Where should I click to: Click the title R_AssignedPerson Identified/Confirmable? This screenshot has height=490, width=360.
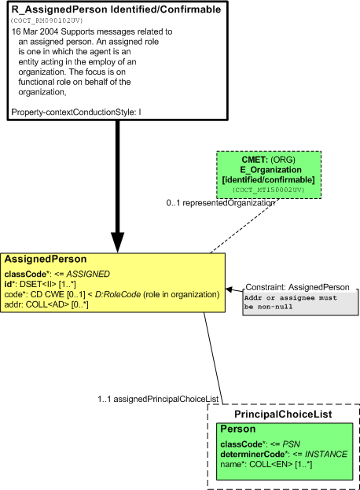tap(116, 9)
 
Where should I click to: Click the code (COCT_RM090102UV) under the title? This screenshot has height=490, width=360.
tap(47, 20)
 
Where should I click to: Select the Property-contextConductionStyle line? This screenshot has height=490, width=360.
tap(76, 112)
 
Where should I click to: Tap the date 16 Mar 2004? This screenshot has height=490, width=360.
tap(35, 31)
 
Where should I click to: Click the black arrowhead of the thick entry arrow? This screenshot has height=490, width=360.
tap(118, 242)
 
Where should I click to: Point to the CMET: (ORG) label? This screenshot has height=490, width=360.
tap(269, 160)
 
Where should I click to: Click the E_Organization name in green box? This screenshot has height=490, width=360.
tap(270, 170)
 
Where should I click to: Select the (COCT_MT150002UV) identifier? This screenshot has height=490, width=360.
tap(269, 190)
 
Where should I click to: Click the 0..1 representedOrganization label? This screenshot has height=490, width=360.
tap(220, 203)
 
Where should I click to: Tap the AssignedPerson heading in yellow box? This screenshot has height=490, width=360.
tap(46, 259)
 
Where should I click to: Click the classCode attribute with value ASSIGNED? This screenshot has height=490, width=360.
tap(57, 274)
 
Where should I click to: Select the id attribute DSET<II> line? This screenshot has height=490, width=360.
tap(40, 284)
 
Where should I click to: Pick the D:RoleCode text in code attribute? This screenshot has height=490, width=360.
tap(118, 294)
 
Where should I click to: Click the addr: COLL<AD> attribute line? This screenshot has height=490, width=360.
tap(46, 304)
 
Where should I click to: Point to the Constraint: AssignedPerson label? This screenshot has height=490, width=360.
tap(298, 287)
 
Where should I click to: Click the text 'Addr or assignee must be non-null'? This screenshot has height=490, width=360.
tap(291, 302)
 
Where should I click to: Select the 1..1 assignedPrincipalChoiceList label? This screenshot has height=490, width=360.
tap(158, 399)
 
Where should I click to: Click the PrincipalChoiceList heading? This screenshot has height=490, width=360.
tap(283, 414)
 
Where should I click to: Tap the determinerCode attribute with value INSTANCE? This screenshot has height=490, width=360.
tap(284, 454)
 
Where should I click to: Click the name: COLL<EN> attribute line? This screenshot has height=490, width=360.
tap(266, 464)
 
